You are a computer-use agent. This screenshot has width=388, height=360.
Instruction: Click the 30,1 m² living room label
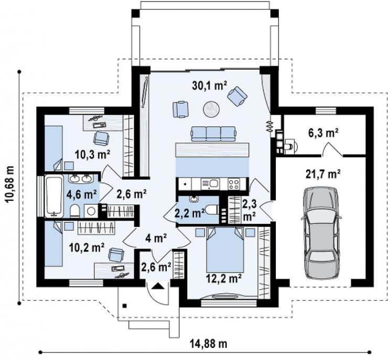pos(209,85)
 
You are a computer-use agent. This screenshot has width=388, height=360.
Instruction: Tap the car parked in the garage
pos(320,233)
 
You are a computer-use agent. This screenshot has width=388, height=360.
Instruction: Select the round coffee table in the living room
pos(211,108)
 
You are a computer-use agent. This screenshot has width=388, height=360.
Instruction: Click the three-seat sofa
pos(213,134)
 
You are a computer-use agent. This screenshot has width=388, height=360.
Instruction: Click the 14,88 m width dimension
pos(208,343)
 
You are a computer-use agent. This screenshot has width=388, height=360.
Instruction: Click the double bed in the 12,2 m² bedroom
pos(225,250)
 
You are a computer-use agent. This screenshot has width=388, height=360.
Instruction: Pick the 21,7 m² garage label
pos(323,174)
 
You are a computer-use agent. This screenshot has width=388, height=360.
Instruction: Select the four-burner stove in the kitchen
pos(234,184)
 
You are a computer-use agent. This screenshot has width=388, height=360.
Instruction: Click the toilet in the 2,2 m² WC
pos(212,211)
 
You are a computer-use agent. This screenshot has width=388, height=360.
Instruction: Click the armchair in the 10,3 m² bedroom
pos(101,138)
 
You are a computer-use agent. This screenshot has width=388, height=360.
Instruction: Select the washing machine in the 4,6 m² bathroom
pos(91,211)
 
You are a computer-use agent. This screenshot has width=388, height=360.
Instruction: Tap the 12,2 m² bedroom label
pos(224,279)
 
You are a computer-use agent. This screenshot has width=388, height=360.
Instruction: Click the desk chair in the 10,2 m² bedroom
pos(116,255)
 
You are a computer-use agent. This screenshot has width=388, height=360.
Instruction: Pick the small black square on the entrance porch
pos(125,306)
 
